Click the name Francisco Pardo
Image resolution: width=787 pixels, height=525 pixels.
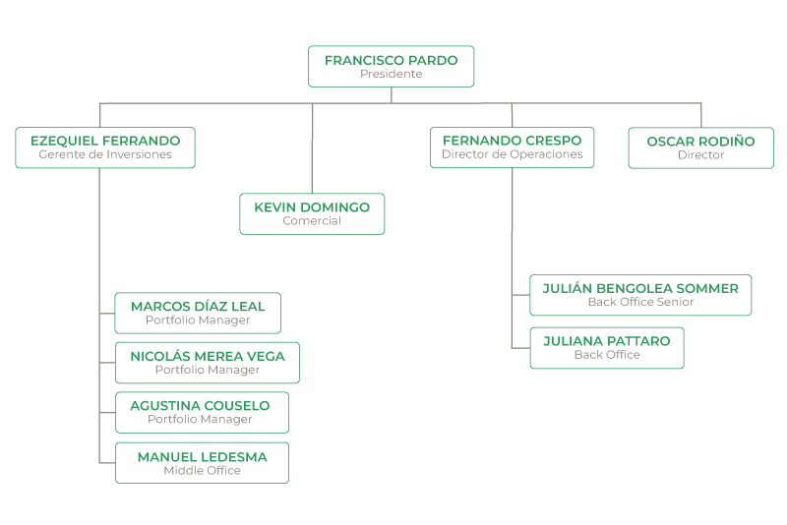(x=391, y=60)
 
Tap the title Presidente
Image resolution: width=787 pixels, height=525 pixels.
(x=391, y=74)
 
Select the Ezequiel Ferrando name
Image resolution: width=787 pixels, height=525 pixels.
(x=105, y=141)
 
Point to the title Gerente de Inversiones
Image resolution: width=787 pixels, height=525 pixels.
(x=105, y=154)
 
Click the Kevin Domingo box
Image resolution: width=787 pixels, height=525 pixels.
(x=312, y=214)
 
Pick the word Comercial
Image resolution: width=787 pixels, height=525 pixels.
(x=312, y=221)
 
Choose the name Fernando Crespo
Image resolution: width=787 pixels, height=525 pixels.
(x=512, y=141)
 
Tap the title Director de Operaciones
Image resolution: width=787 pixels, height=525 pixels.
(x=512, y=154)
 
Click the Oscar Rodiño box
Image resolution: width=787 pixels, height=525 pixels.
(x=700, y=147)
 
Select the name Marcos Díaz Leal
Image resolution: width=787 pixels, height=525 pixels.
(x=198, y=307)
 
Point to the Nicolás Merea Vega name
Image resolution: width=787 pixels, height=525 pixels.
(x=207, y=356)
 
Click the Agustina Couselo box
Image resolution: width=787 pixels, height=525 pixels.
(x=202, y=412)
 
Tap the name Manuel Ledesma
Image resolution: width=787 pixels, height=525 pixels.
(x=202, y=457)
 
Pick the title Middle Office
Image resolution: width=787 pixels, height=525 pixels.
(x=202, y=471)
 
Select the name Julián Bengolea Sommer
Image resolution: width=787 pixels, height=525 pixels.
(x=640, y=288)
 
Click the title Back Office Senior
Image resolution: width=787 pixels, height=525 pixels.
(x=640, y=302)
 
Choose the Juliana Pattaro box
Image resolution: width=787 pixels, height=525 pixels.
(x=606, y=347)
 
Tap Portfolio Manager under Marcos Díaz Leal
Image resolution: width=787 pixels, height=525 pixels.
(x=198, y=321)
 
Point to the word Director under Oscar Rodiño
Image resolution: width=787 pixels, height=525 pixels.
(x=700, y=155)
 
